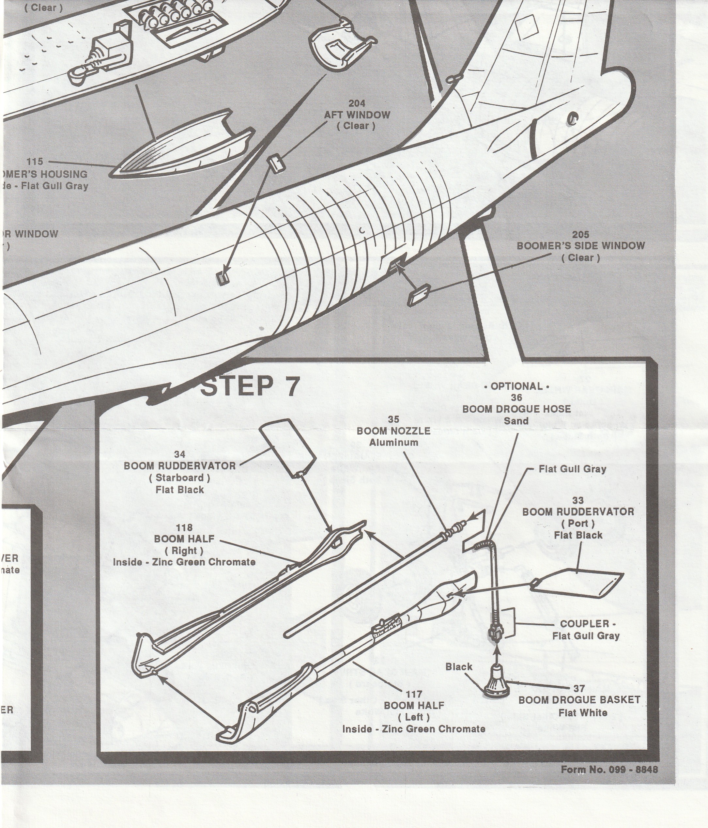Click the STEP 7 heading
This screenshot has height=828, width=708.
coord(249,386)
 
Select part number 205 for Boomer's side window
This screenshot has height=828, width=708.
coord(580,235)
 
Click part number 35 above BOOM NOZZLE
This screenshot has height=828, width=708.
coord(393,419)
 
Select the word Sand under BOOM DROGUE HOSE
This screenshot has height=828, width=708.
coord(516,421)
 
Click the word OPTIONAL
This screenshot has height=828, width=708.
coord(516,386)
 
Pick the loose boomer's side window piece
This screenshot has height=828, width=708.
coord(418,295)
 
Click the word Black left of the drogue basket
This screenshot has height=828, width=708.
coord(459,666)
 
